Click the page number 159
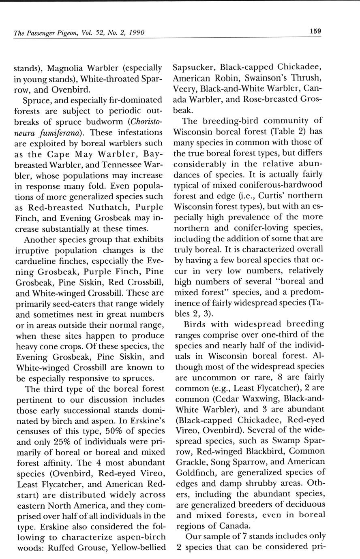point(315,31)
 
